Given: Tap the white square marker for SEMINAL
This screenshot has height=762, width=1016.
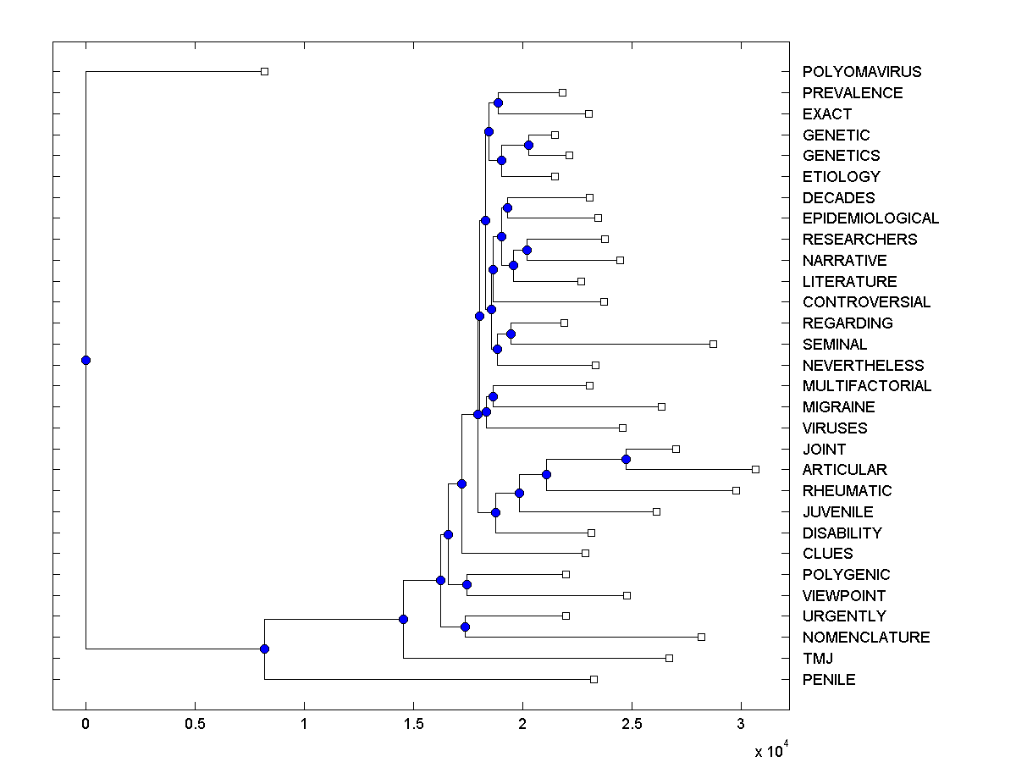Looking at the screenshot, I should [x=713, y=344].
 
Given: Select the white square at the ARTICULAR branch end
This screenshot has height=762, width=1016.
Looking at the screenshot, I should [x=755, y=469].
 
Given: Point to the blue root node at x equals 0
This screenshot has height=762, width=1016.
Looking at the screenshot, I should [x=86, y=360].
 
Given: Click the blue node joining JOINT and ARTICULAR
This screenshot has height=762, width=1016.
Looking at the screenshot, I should [x=626, y=459].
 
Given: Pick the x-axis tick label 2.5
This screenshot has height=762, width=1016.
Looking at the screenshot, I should [x=632, y=725].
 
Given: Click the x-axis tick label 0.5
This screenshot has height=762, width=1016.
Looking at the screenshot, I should [x=195, y=725].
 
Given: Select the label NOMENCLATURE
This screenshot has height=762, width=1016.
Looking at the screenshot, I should [x=866, y=638].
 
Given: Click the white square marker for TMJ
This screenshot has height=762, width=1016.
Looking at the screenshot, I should [x=669, y=658].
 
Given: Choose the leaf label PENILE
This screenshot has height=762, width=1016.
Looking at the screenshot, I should [x=829, y=679].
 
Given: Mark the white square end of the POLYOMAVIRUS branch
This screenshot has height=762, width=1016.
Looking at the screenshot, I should [x=264, y=71].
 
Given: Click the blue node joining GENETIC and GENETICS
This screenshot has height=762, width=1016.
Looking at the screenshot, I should [x=528, y=145].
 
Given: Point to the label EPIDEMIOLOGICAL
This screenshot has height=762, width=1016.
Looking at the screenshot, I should [x=870, y=218].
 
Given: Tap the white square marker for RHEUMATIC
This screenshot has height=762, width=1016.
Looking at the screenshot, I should [x=736, y=490].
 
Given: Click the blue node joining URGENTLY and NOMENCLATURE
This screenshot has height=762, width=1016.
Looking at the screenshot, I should [x=465, y=627].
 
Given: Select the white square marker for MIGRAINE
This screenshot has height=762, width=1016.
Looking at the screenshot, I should [x=661, y=406].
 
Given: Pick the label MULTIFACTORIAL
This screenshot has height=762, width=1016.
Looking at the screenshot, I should [x=867, y=386].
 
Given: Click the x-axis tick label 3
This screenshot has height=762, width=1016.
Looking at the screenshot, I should [x=741, y=725].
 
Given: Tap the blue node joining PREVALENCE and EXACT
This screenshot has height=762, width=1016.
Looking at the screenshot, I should [x=498, y=102].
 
